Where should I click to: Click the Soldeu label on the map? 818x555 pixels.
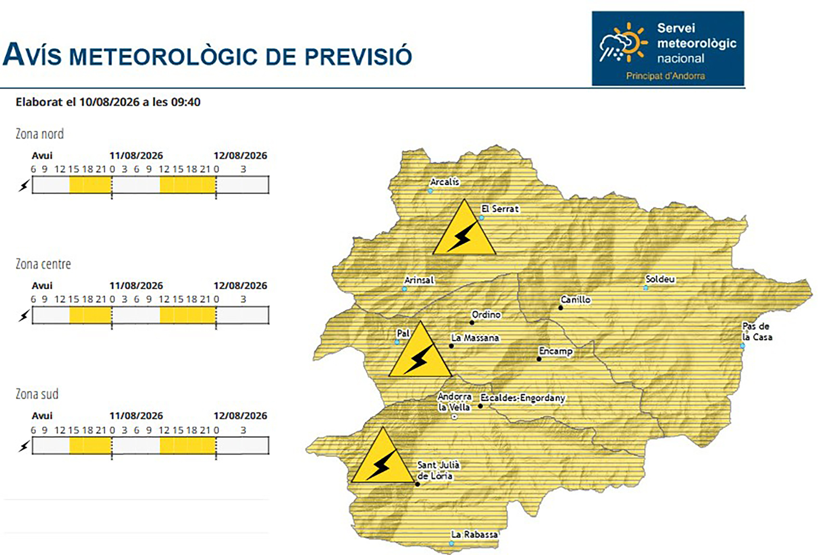[660, 279]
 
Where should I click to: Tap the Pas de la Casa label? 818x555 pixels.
[757, 332]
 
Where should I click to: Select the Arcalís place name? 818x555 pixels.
[445, 182]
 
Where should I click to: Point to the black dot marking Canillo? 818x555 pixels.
[560, 308]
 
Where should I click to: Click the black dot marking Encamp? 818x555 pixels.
[539, 359]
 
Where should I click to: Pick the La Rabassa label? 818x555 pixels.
[474, 534]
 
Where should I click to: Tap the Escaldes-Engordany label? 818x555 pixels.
[522, 398]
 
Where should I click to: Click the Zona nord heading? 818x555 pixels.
[40, 134]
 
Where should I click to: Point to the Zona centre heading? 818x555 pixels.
[43, 264]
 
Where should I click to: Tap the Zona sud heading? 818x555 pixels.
[37, 394]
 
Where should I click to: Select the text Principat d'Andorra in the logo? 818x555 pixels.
[665, 76]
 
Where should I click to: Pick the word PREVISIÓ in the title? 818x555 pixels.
[358, 56]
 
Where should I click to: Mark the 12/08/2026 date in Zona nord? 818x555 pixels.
[240, 155]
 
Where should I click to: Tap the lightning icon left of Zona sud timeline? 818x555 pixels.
[24, 446]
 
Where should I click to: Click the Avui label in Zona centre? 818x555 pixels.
[42, 285]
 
